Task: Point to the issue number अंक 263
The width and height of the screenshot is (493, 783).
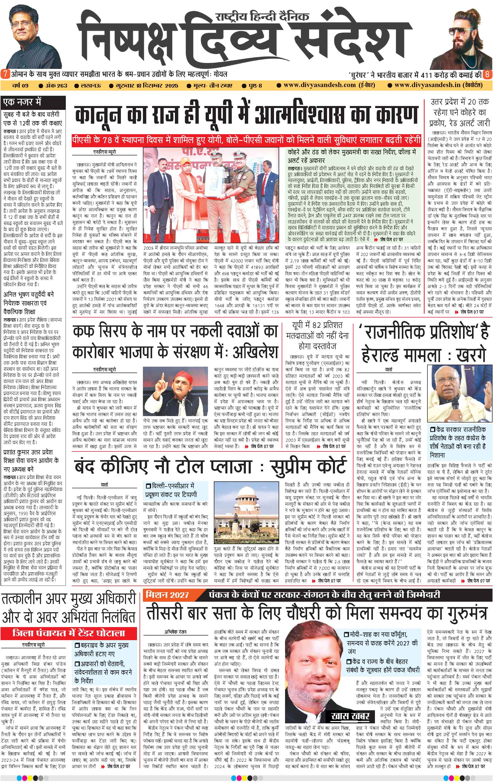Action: (53, 86)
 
